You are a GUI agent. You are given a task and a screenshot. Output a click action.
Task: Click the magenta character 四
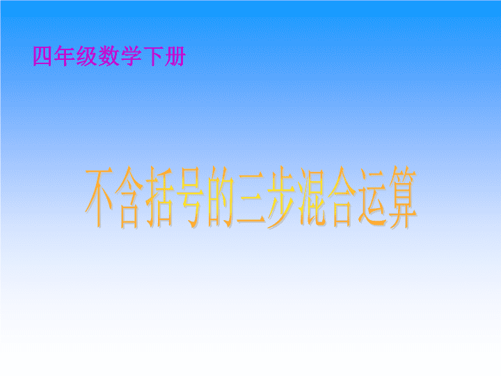coord(42,56)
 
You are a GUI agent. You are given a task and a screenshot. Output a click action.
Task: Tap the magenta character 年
coord(65,56)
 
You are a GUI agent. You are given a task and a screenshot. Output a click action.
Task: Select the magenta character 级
coord(86,56)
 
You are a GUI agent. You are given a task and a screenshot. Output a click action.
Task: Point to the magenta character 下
coord(152,56)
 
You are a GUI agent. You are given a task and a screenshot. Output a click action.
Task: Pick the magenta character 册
coord(175,56)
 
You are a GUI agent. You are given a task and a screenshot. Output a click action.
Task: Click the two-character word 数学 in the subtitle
coord(120,56)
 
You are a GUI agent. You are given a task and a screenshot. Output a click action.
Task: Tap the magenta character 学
coord(131,56)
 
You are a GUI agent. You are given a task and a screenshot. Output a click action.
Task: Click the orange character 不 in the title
coord(99,196)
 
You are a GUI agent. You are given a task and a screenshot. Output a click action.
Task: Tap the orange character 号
coord(189,197)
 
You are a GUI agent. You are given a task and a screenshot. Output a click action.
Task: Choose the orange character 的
coord(220,197)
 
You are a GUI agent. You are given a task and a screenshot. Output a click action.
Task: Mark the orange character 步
coord(282,197)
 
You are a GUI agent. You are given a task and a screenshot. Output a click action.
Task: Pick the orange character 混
coord(312,197)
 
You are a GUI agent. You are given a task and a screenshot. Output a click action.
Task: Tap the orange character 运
coord(372,197)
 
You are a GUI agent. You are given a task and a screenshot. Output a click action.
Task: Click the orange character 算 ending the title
coord(403,197)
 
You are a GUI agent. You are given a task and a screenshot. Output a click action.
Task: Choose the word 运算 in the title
coord(388,197)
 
